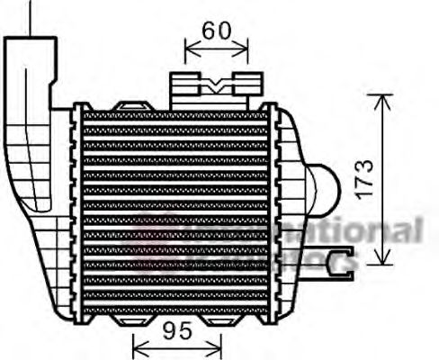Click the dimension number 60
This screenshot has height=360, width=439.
point(216,30)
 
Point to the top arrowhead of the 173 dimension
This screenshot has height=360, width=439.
point(383,96)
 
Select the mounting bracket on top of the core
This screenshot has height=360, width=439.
point(210,88)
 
